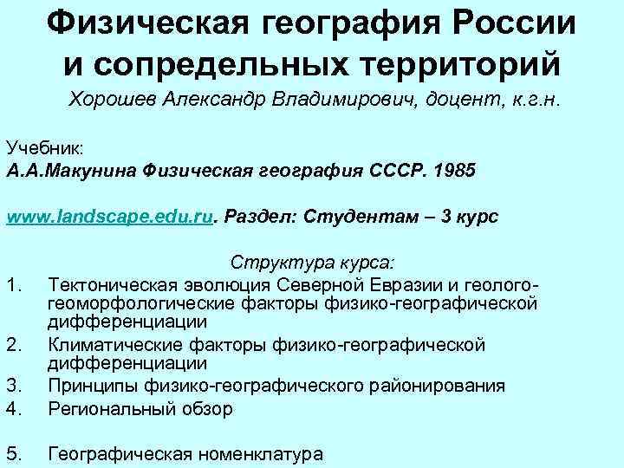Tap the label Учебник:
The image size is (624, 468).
pos(44,149)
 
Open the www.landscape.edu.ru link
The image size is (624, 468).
pos(109,216)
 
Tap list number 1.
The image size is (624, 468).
pos(12,284)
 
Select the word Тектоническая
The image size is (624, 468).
pos(114,284)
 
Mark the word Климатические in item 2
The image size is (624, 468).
pos(114,346)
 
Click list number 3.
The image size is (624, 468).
pos(13,386)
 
